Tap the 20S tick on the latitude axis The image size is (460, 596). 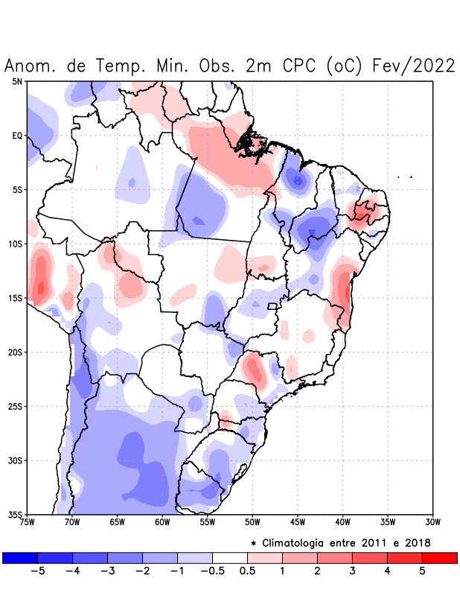point(16,352)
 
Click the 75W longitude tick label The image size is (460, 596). point(27,522)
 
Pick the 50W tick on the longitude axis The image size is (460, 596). point(252,522)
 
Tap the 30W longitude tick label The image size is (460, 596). point(433,522)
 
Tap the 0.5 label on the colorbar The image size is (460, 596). point(247,571)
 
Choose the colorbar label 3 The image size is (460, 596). point(352,571)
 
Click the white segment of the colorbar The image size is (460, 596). point(230,557)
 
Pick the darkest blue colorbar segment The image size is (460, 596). point(20,557)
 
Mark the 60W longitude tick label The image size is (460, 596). point(162,522)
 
